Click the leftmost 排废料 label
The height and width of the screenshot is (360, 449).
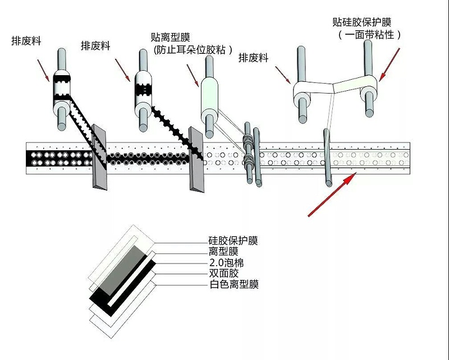(26, 41)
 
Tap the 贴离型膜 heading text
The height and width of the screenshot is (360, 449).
(172, 37)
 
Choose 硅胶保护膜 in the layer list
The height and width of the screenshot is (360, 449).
(233, 241)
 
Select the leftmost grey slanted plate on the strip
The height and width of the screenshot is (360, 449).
(99, 158)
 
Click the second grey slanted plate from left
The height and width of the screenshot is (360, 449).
(196, 159)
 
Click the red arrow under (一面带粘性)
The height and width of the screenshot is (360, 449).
(390, 64)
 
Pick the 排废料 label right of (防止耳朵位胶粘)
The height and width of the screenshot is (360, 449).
(253, 58)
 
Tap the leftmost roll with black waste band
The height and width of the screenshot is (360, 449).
(61, 93)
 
